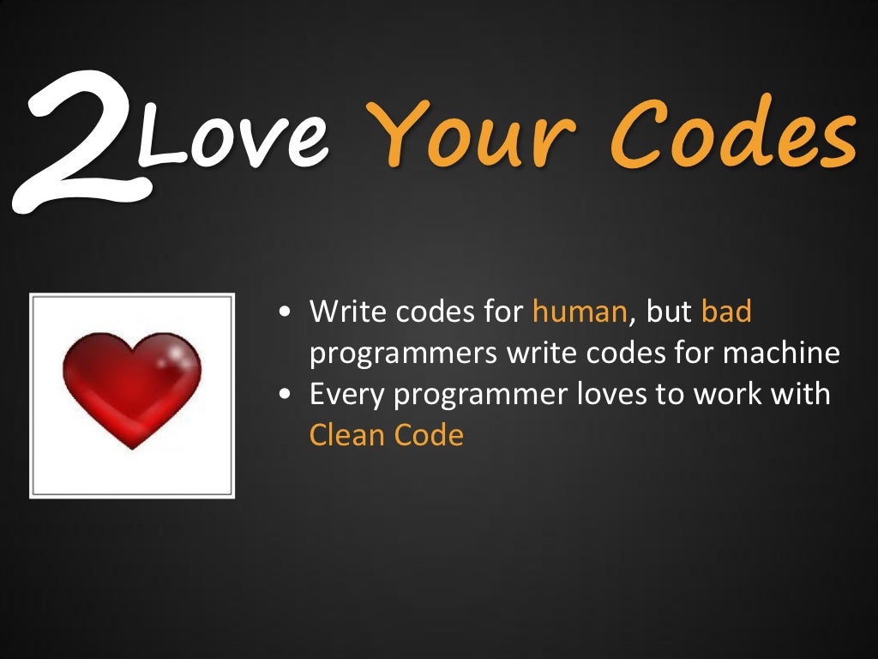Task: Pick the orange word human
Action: point(580,311)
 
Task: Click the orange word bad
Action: point(726,311)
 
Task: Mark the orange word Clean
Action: point(347,435)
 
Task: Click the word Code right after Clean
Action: point(429,435)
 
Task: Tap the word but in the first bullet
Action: point(669,311)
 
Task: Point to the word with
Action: point(799,394)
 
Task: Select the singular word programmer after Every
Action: point(459,396)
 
